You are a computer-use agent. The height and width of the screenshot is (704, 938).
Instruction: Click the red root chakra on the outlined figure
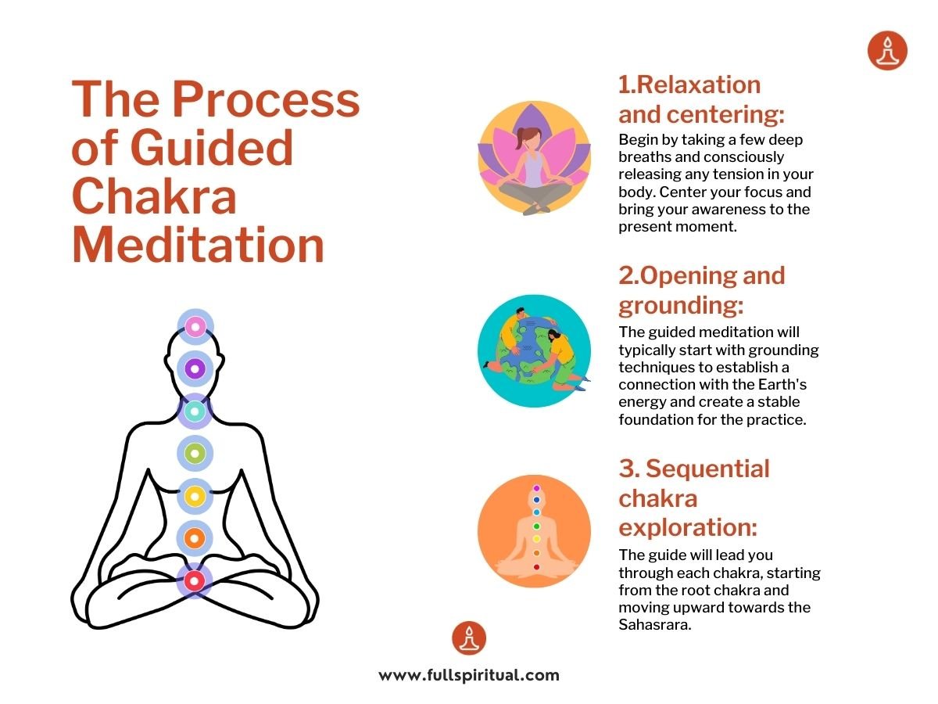coord(195,580)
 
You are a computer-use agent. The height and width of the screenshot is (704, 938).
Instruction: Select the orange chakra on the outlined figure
coord(195,538)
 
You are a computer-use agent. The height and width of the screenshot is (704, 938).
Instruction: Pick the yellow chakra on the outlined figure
coord(195,495)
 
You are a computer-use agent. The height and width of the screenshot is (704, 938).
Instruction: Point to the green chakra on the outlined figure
coord(195,452)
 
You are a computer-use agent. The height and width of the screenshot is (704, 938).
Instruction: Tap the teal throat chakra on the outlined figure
coord(195,410)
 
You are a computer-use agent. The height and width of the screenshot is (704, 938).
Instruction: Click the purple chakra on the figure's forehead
coord(195,368)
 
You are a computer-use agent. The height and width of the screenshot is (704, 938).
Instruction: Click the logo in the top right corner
coord(887,51)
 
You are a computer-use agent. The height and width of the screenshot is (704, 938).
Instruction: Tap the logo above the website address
coord(469,638)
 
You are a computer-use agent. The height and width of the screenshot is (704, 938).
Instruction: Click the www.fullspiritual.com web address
coord(469,675)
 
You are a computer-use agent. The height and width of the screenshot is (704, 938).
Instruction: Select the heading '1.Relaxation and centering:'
coord(701,99)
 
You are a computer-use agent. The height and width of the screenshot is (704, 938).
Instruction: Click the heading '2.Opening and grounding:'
coord(701,289)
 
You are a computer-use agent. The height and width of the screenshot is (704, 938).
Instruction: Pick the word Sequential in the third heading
coord(707,469)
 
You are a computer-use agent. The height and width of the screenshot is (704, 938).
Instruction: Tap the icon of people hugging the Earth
coord(534,350)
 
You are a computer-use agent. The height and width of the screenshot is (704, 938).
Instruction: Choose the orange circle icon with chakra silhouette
coord(534,531)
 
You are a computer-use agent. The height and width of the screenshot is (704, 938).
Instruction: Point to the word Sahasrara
coord(654,625)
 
